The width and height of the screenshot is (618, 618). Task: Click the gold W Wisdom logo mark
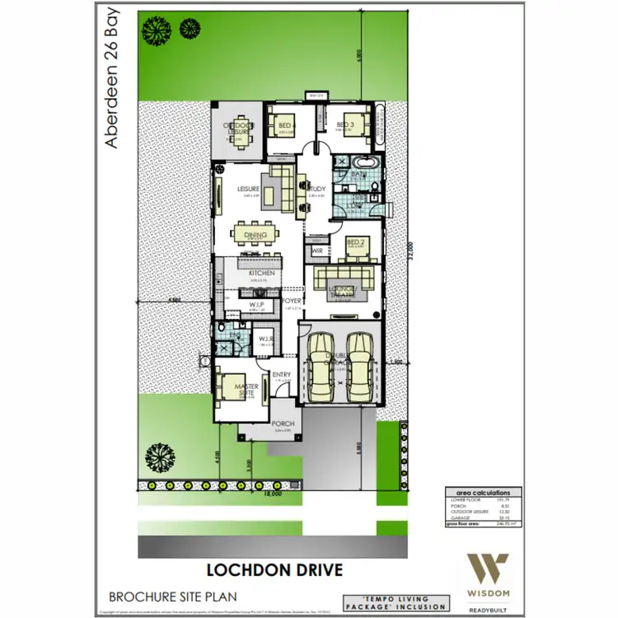pyautogui.click(x=490, y=569)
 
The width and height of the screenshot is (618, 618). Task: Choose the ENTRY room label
pyautogui.click(x=281, y=375)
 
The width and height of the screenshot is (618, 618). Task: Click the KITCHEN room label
pyautogui.click(x=261, y=273)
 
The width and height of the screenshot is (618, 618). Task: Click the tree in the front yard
pyautogui.click(x=157, y=457)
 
